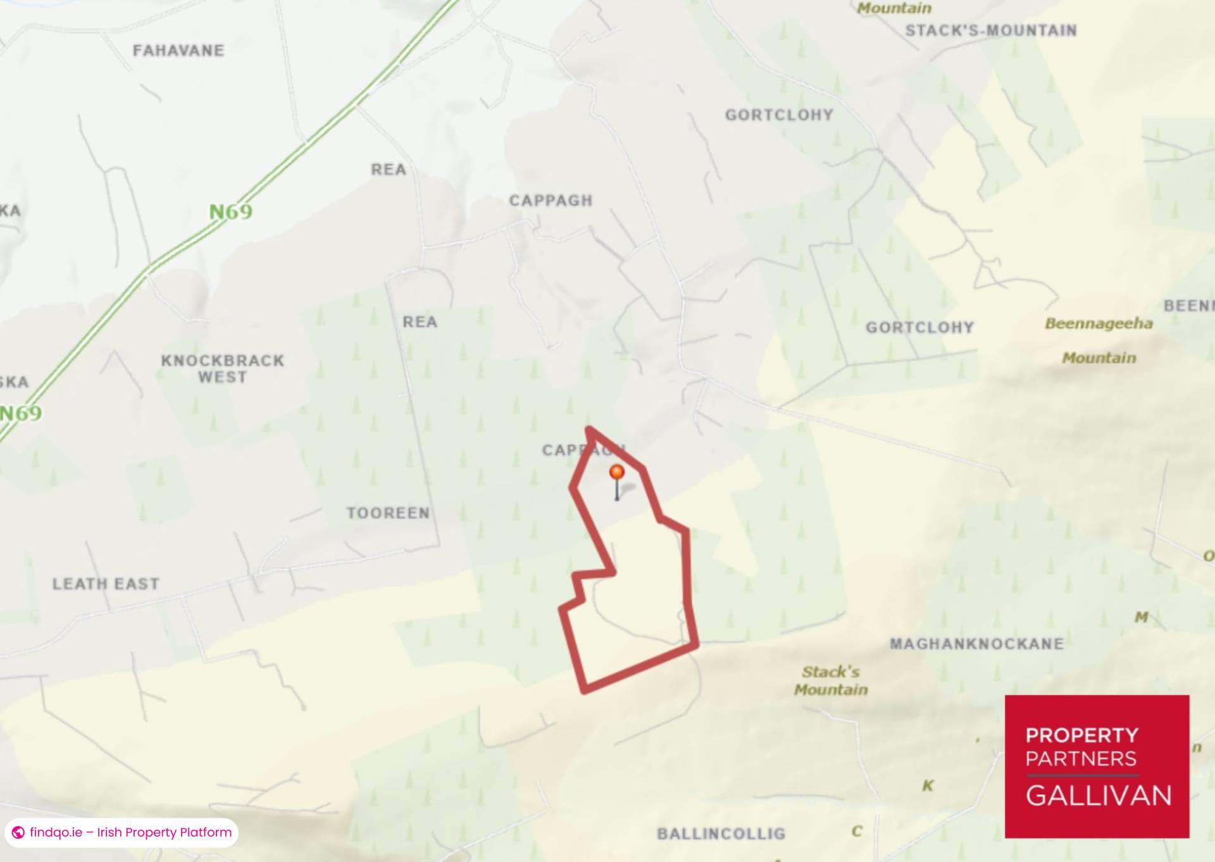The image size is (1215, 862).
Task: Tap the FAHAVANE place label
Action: point(178,51)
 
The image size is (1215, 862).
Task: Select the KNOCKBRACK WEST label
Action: point(222,369)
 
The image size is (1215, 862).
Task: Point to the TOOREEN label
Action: point(388,513)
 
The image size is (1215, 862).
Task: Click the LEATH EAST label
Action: point(106,584)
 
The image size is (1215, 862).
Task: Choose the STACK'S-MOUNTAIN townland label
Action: point(990,30)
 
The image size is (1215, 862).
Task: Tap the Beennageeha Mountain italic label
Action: point(1099,340)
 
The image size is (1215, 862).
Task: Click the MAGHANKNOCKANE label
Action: point(976,644)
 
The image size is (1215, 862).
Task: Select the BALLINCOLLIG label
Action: point(721,834)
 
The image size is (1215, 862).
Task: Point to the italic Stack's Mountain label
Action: point(831,680)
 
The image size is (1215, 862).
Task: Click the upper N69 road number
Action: point(231,211)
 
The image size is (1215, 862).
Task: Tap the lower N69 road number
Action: point(22,413)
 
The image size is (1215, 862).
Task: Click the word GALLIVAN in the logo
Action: point(1098,796)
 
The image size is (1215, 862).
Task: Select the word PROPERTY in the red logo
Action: point(1081,735)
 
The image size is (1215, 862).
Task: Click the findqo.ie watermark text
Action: point(130,832)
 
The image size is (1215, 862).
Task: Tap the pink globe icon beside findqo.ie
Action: point(18,832)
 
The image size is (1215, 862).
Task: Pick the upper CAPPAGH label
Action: point(551,201)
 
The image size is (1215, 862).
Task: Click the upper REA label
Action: point(389,170)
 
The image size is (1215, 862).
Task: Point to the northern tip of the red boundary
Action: point(589,429)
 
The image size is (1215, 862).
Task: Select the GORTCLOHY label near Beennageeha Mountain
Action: point(919,328)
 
